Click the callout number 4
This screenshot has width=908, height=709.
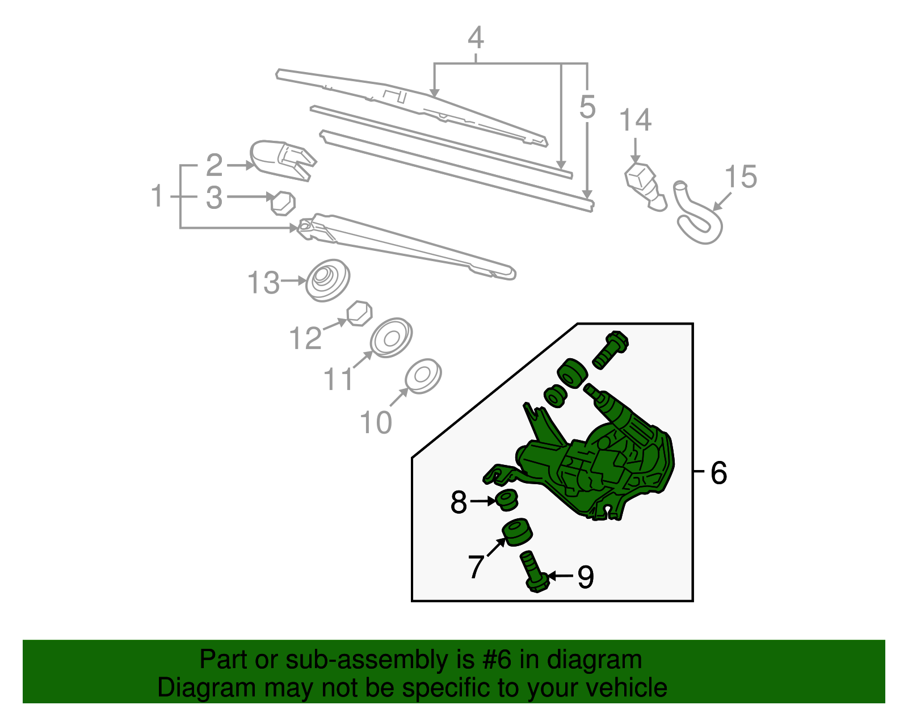tap(476, 38)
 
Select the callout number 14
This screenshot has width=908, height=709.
tap(635, 120)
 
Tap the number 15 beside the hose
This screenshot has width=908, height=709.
tap(741, 177)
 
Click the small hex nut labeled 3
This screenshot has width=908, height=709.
tap(283, 203)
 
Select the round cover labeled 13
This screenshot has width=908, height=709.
tap(327, 280)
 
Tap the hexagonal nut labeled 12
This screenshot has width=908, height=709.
tap(359, 313)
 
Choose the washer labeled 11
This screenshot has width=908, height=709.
tap(390, 338)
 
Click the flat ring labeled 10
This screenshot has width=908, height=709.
tap(423, 376)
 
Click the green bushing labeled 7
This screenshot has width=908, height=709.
tap(517, 532)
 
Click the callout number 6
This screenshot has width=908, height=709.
tap(718, 473)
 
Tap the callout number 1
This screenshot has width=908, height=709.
tap(157, 196)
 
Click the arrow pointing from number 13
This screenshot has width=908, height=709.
tap(295, 280)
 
